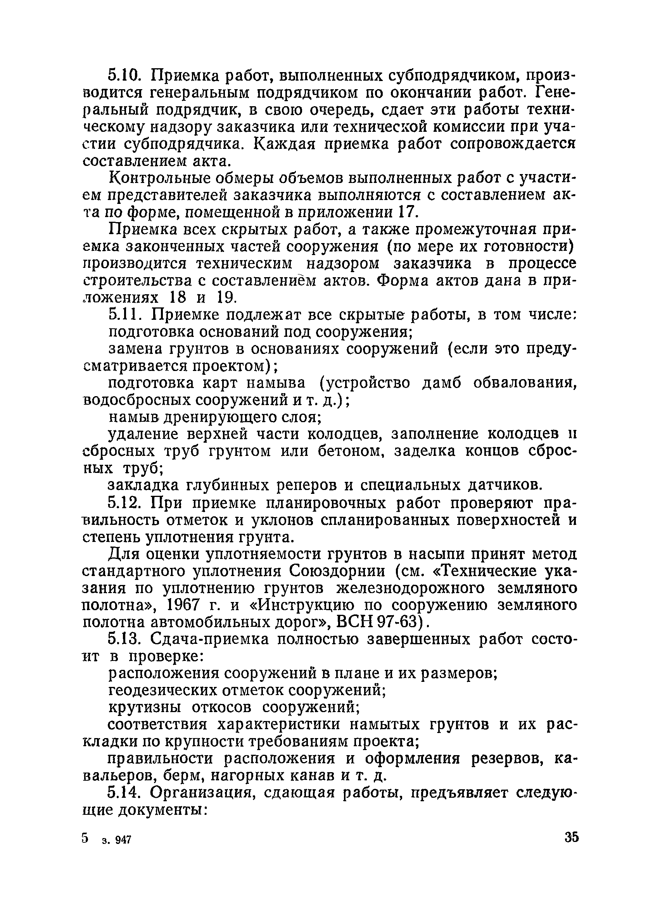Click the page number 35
pyautogui.click(x=571, y=837)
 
